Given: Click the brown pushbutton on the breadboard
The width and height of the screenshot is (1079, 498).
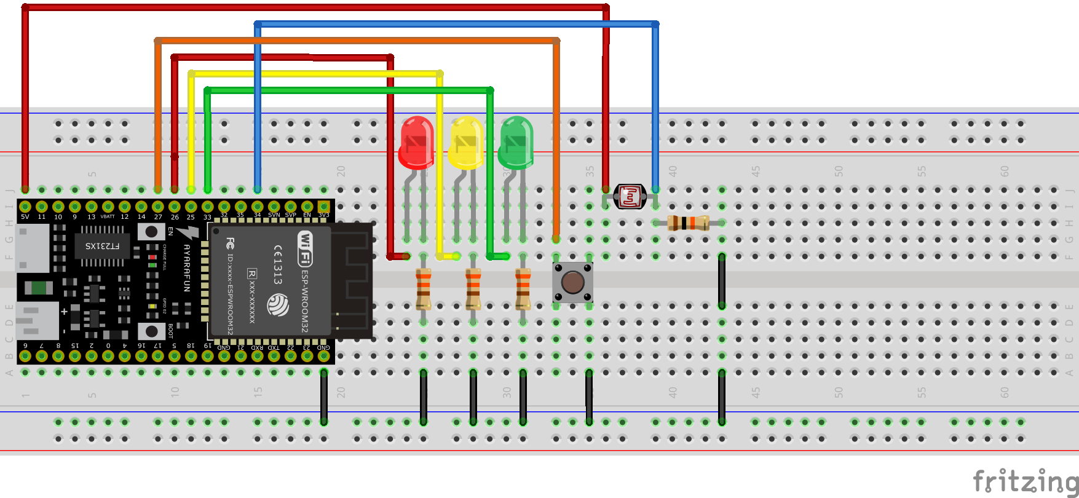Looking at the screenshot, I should (x=572, y=282).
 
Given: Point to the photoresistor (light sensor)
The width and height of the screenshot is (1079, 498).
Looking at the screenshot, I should (x=630, y=197).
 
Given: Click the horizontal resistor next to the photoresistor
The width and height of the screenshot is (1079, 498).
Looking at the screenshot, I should (x=688, y=223).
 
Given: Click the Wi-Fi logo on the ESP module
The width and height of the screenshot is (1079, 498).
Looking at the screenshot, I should (x=305, y=248).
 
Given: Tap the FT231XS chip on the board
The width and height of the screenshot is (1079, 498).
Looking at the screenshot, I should (x=103, y=246).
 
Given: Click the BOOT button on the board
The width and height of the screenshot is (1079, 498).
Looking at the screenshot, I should (x=151, y=331).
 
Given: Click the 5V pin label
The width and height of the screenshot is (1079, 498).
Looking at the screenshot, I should (x=25, y=217).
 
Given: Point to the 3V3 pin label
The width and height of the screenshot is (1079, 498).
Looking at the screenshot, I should (x=323, y=215).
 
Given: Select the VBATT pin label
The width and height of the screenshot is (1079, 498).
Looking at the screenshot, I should (x=108, y=217).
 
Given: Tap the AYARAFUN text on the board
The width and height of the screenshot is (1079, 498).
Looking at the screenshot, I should (x=187, y=268).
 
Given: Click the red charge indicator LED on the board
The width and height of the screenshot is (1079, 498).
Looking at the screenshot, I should (x=152, y=257).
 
